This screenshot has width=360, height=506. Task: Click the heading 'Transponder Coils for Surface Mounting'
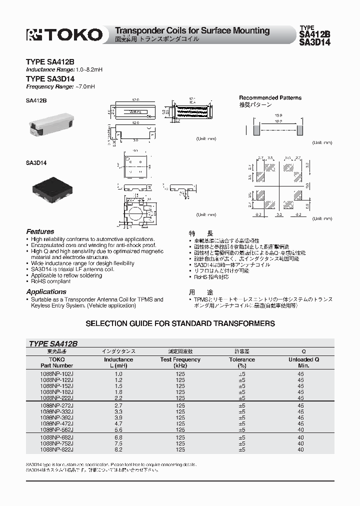click(x=192, y=31)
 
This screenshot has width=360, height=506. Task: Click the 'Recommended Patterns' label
click(x=270, y=98)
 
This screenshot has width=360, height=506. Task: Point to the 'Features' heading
click(x=40, y=232)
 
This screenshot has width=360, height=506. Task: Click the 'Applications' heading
click(x=46, y=292)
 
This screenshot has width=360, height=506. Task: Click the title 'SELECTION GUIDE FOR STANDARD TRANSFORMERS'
click(x=180, y=323)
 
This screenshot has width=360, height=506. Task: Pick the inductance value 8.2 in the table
click(x=118, y=449)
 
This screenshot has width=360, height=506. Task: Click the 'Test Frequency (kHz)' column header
click(x=180, y=362)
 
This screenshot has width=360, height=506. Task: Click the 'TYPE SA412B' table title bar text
click(x=53, y=344)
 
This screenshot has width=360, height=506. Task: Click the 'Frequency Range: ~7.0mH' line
click(x=60, y=86)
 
